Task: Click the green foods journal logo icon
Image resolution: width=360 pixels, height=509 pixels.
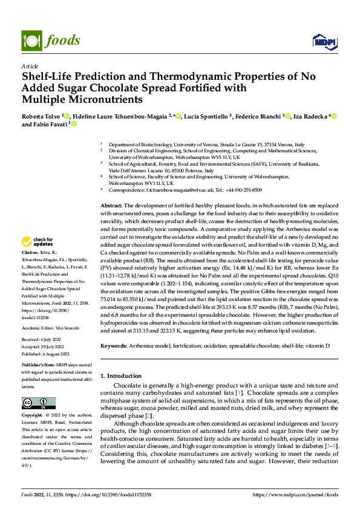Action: click(30, 40)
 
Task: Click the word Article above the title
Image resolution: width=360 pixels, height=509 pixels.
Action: click(29, 66)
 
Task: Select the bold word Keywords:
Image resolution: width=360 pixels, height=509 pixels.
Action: click(114, 346)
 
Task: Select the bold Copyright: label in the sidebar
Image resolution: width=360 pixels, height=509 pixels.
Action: click(33, 416)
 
